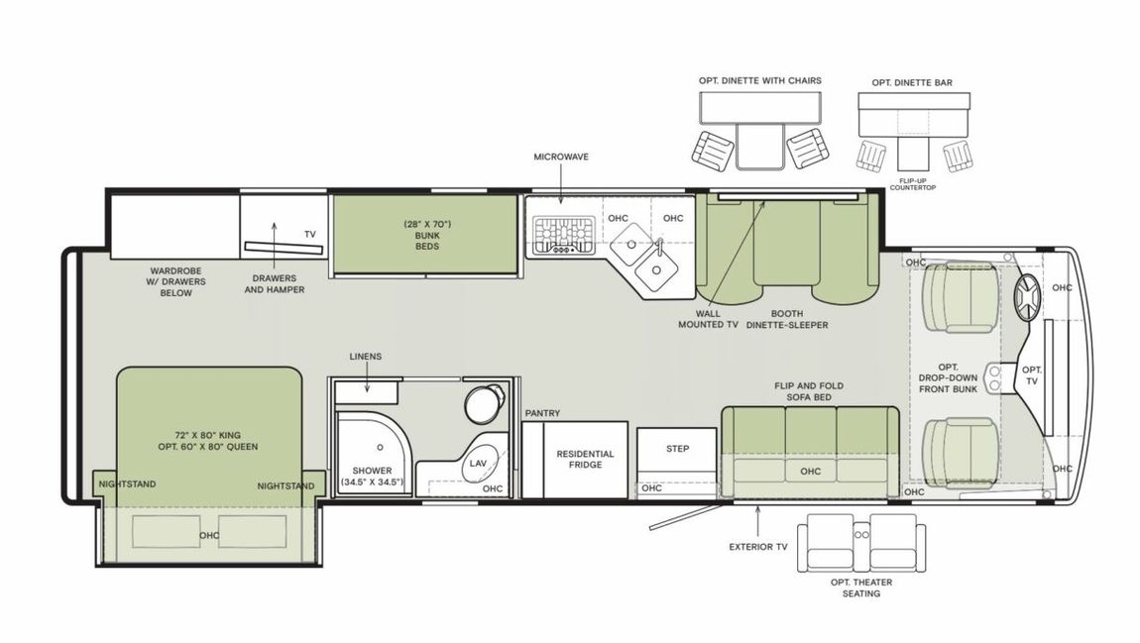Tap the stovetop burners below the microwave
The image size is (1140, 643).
pyautogui.click(x=561, y=235)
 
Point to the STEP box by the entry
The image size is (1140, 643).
pyautogui.click(x=677, y=449)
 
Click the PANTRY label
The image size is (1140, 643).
pyautogui.click(x=543, y=412)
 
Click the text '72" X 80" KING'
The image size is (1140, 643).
pyautogui.click(x=206, y=433)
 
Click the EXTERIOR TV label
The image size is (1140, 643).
pyautogui.click(x=759, y=545)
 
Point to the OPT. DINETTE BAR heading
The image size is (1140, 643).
pyautogui.click(x=911, y=83)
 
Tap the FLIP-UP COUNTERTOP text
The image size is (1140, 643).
pyautogui.click(x=912, y=183)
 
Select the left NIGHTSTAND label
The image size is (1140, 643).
pyautogui.click(x=126, y=484)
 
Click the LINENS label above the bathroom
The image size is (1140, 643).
pyautogui.click(x=365, y=356)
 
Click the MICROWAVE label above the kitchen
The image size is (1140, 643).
pyautogui.click(x=560, y=157)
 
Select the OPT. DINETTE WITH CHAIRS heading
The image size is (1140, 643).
pyautogui.click(x=759, y=81)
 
